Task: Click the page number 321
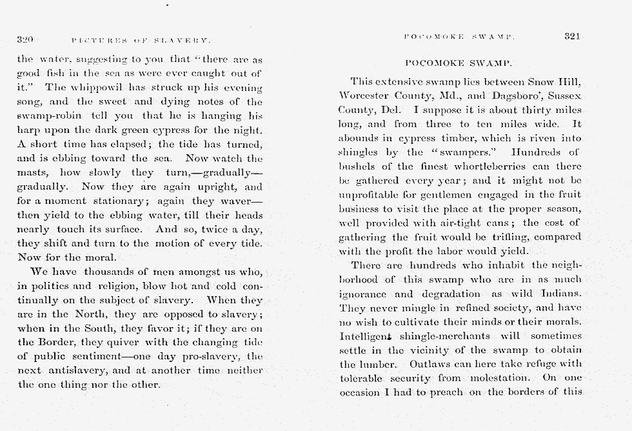[573, 37]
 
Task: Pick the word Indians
[558, 294]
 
